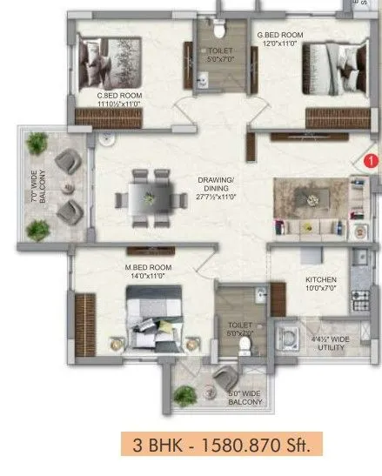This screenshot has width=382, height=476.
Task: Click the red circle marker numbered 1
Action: pyautogui.click(x=370, y=160)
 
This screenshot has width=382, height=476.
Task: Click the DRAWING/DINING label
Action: pyautogui.click(x=213, y=190)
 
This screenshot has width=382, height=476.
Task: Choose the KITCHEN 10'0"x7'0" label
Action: pyautogui.click(x=320, y=285)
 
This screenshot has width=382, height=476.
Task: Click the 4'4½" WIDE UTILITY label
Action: pyautogui.click(x=331, y=344)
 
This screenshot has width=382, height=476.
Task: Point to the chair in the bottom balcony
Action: pyautogui.click(x=225, y=377)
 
